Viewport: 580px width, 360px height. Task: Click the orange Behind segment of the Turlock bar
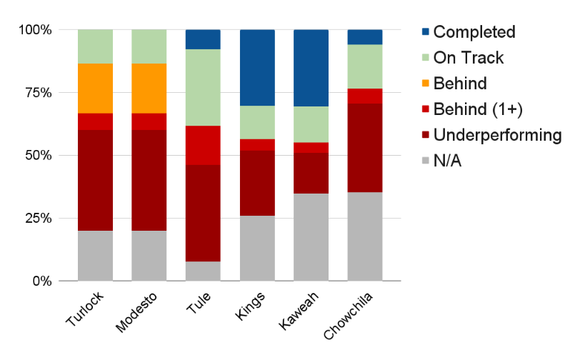95,89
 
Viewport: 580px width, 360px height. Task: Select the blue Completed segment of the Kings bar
257,68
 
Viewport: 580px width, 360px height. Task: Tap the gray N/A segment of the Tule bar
203,271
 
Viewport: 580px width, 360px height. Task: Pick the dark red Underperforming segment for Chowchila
365,148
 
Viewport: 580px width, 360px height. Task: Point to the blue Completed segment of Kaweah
311,68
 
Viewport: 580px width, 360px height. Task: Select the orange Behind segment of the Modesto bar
149,89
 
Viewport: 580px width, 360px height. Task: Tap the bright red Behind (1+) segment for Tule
203,145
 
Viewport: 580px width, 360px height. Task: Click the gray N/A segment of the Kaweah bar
311,237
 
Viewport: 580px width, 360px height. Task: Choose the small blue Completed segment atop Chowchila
365,37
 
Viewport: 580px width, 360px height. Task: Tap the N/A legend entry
447,161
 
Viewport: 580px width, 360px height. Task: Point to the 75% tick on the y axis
36,93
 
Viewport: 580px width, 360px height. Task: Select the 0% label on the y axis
40,281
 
